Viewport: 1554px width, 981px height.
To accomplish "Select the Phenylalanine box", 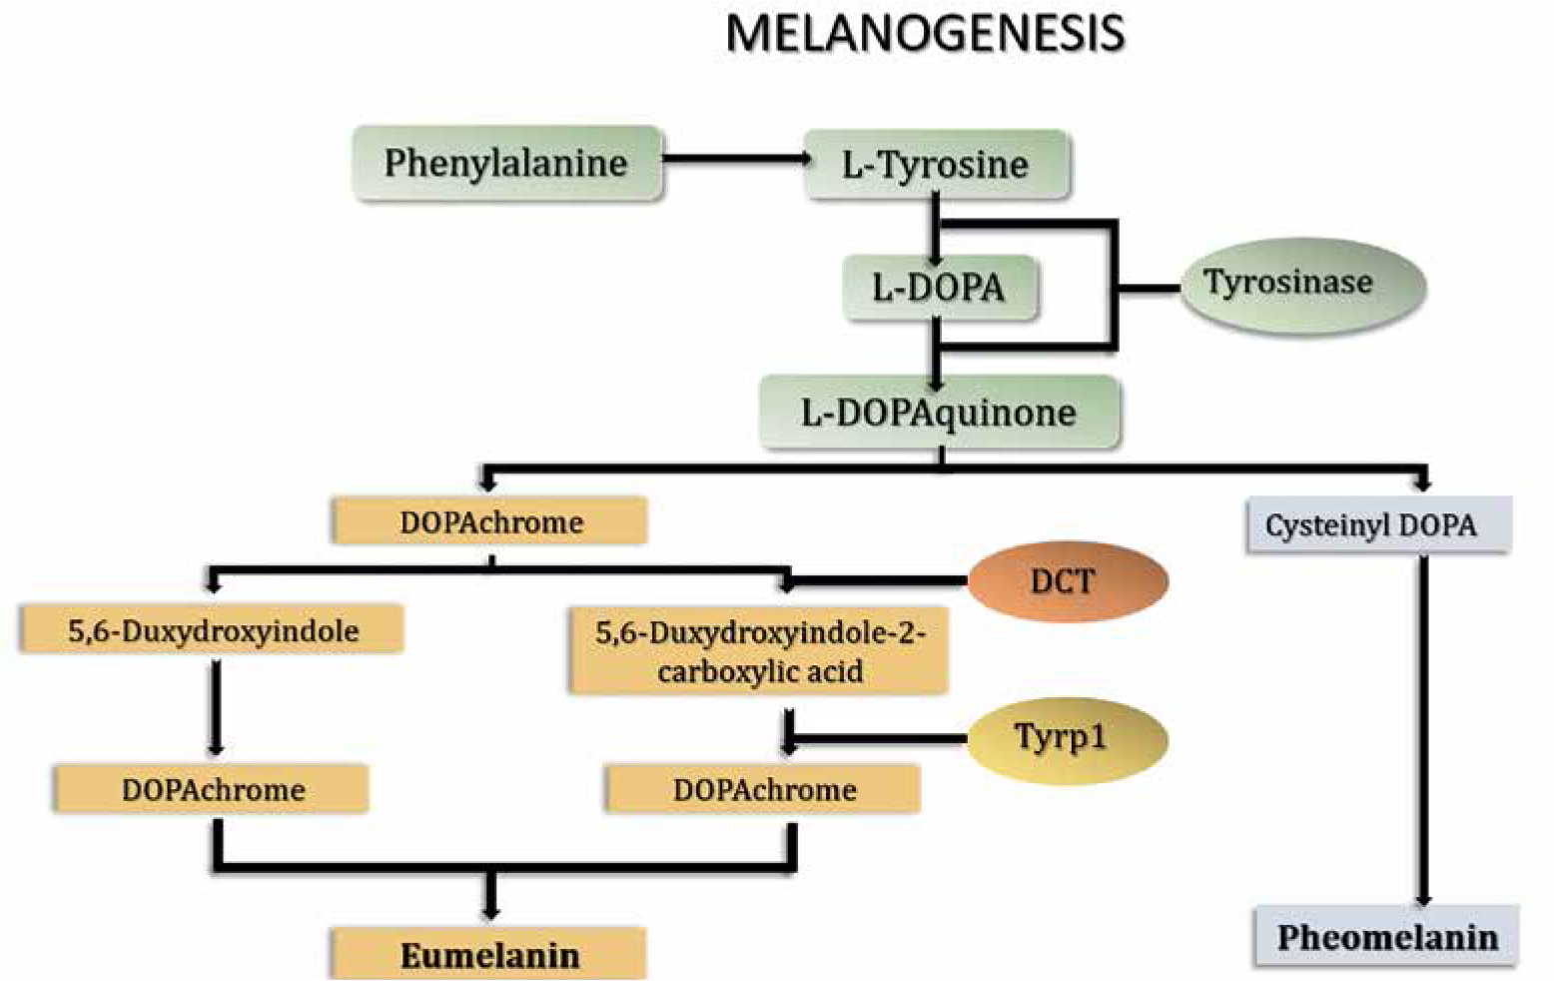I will click(x=506, y=163).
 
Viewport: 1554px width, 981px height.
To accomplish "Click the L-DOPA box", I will click(x=938, y=288).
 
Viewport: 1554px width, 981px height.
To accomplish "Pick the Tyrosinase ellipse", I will click(x=1300, y=284).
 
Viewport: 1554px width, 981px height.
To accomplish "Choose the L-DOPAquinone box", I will click(x=939, y=412).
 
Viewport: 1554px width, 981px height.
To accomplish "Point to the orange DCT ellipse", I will click(x=1067, y=580).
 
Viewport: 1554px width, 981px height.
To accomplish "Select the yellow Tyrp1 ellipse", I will click(x=1065, y=739).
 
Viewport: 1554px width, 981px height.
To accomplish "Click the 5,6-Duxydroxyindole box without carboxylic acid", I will click(x=212, y=630).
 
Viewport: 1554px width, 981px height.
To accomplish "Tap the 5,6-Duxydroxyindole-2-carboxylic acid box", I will click(x=758, y=650).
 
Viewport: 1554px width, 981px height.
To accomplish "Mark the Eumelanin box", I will click(x=489, y=955).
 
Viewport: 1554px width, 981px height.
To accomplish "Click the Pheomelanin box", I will click(x=1386, y=937).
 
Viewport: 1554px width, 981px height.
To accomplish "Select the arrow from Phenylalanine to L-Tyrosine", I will click(x=734, y=159).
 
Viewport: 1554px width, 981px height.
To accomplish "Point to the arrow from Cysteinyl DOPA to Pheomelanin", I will click(x=1424, y=729).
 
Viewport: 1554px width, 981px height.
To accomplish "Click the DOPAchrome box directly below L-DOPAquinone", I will click(x=490, y=521).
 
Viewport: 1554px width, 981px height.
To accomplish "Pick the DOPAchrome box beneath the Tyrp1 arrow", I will click(x=763, y=789).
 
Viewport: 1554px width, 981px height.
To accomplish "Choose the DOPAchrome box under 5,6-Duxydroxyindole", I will click(x=212, y=789).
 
